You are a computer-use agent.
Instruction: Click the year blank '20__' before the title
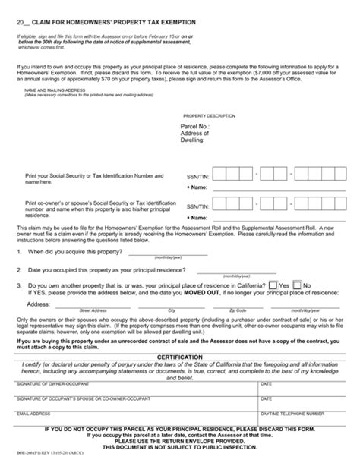[22, 22]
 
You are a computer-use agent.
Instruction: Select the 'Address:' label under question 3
[39, 304]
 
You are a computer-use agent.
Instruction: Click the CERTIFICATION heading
[179, 357]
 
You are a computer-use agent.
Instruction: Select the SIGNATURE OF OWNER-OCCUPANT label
[53, 384]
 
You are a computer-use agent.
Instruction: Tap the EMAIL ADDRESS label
[33, 414]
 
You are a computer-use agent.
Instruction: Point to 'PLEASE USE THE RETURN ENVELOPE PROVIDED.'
[179, 444]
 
